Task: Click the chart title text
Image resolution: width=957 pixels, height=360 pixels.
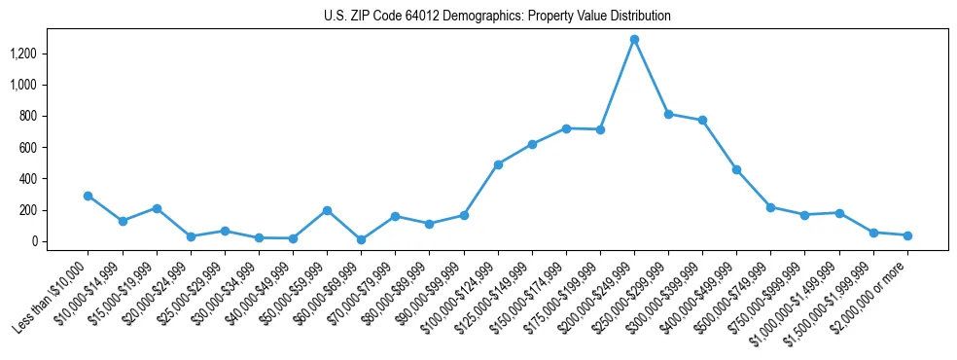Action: pyautogui.click(x=497, y=17)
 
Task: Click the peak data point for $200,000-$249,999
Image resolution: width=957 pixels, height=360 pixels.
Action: pyautogui.click(x=634, y=40)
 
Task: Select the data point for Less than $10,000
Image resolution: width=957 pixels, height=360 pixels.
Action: pyautogui.click(x=89, y=196)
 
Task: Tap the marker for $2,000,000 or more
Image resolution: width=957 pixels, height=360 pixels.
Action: pyautogui.click(x=907, y=235)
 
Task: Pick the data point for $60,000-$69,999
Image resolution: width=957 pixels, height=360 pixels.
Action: pyautogui.click(x=361, y=239)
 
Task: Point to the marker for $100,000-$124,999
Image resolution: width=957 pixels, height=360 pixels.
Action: pyautogui.click(x=498, y=164)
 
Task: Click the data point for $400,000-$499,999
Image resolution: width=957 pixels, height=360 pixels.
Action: pyautogui.click(x=736, y=169)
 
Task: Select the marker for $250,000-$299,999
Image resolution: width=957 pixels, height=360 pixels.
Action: pyautogui.click(x=668, y=114)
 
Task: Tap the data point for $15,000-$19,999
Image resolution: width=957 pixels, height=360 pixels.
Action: pyautogui.click(x=157, y=208)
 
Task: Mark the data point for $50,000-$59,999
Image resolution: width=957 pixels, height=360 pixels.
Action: pyautogui.click(x=327, y=210)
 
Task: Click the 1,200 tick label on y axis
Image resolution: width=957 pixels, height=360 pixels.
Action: pyautogui.click(x=50, y=54)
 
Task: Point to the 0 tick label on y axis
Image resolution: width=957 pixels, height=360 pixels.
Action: pyautogui.click(x=59, y=241)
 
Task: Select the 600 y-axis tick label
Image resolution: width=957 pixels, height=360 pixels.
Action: pyautogui.click(x=54, y=148)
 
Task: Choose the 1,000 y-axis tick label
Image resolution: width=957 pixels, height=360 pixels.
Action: pyautogui.click(x=50, y=85)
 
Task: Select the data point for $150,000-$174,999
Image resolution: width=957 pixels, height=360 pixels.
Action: pyautogui.click(x=566, y=128)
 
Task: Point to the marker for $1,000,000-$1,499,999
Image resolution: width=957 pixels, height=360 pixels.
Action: pyautogui.click(x=839, y=213)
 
